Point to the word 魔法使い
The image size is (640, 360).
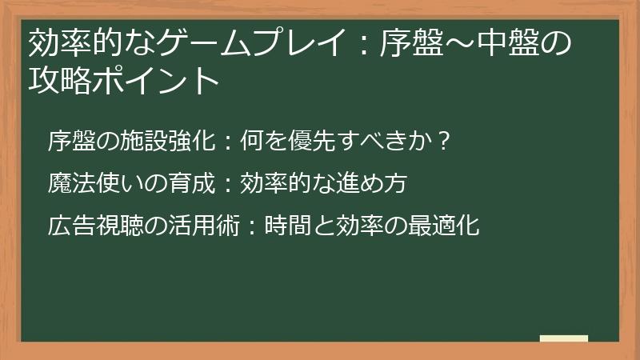[x=89, y=184]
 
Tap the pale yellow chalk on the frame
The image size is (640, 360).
[x=564, y=338]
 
